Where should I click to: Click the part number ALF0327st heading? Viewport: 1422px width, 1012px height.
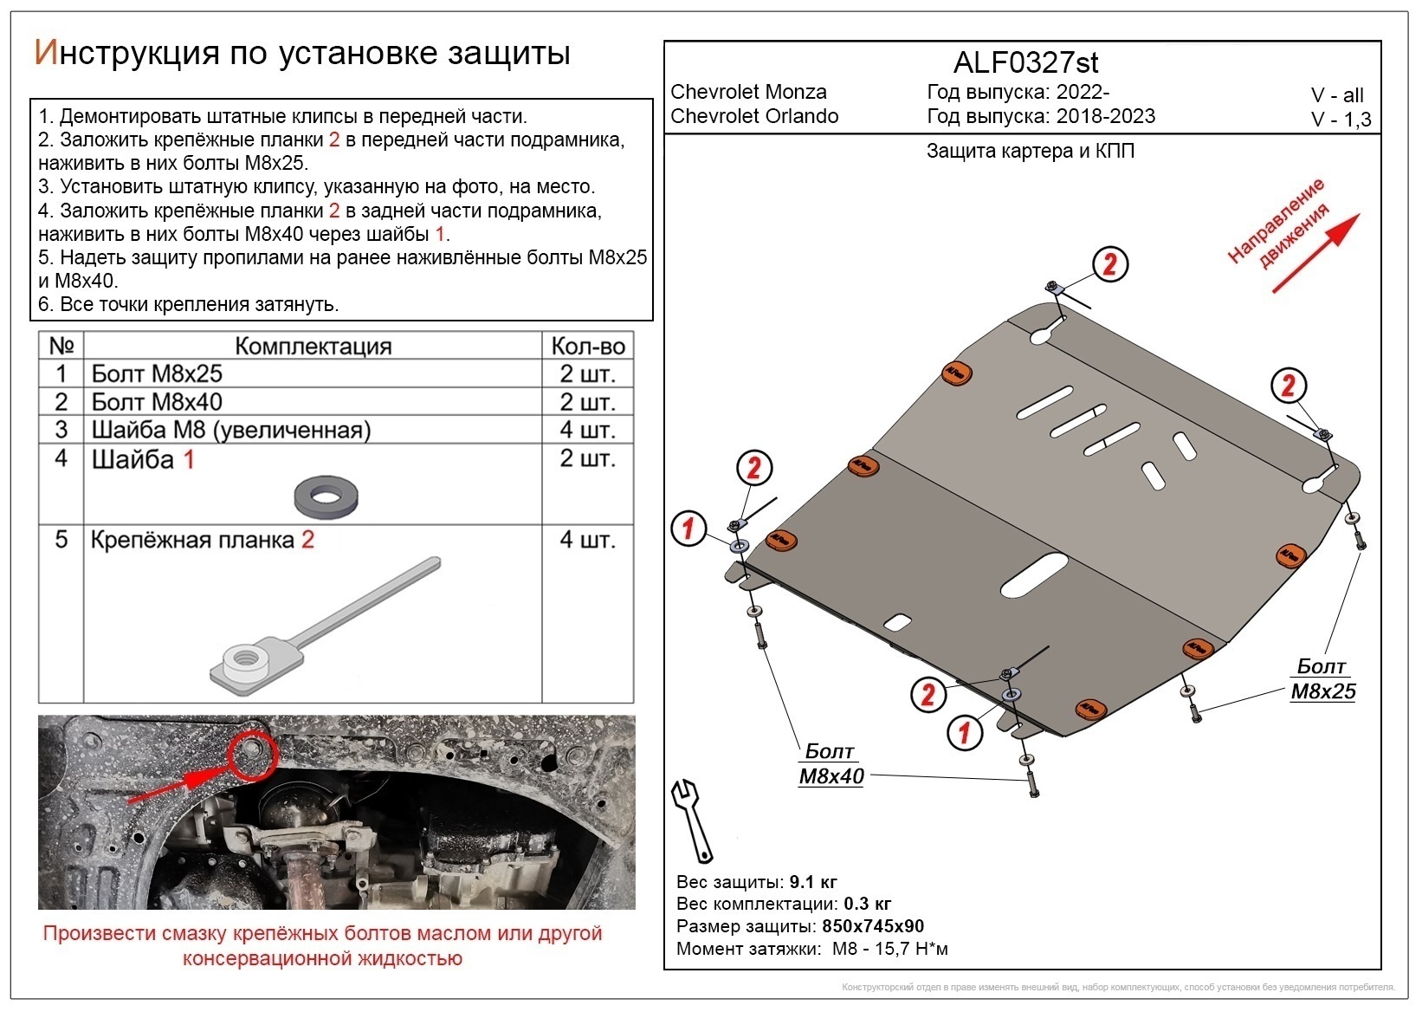[1025, 62]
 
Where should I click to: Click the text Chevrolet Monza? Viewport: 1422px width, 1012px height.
[748, 92]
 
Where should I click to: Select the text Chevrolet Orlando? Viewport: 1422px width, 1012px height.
[754, 116]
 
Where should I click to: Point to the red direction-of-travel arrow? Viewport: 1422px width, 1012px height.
[1315, 253]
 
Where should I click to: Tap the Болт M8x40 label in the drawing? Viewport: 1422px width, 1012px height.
[831, 764]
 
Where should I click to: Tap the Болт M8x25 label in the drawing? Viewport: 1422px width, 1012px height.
[1322, 678]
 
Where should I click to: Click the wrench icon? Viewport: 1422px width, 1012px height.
[693, 820]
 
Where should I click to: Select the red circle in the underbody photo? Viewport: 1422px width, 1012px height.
[252, 751]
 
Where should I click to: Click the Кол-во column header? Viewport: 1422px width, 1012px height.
[588, 346]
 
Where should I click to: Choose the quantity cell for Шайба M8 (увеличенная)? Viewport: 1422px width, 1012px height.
[588, 430]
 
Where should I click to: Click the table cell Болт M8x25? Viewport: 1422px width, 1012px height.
[157, 373]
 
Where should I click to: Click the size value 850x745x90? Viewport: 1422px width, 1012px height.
[873, 926]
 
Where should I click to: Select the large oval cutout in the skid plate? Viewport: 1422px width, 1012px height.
[1034, 575]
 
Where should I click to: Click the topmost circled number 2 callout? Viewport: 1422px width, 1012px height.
[1109, 264]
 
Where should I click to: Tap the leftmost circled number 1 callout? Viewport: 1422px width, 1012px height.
[689, 528]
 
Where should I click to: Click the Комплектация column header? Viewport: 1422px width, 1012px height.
[313, 346]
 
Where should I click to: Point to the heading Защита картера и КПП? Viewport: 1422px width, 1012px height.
[1030, 151]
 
